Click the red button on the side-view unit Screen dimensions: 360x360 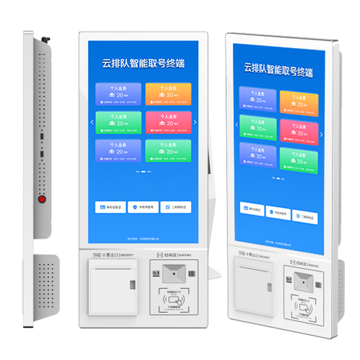pos(42,198)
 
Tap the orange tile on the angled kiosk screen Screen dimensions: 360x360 pos(299,103)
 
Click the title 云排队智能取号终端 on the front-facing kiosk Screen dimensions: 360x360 pos(143,63)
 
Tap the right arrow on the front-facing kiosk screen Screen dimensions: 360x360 pos(195,122)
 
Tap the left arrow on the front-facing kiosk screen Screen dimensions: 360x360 pos(92,122)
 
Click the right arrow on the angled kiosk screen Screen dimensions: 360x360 pos(321,134)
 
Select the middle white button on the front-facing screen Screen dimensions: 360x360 pos(143,207)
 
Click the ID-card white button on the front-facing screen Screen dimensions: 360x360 pos(110,207)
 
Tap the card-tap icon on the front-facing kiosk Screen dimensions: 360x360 pos(173,298)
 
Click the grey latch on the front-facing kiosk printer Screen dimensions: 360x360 pos(133,285)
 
